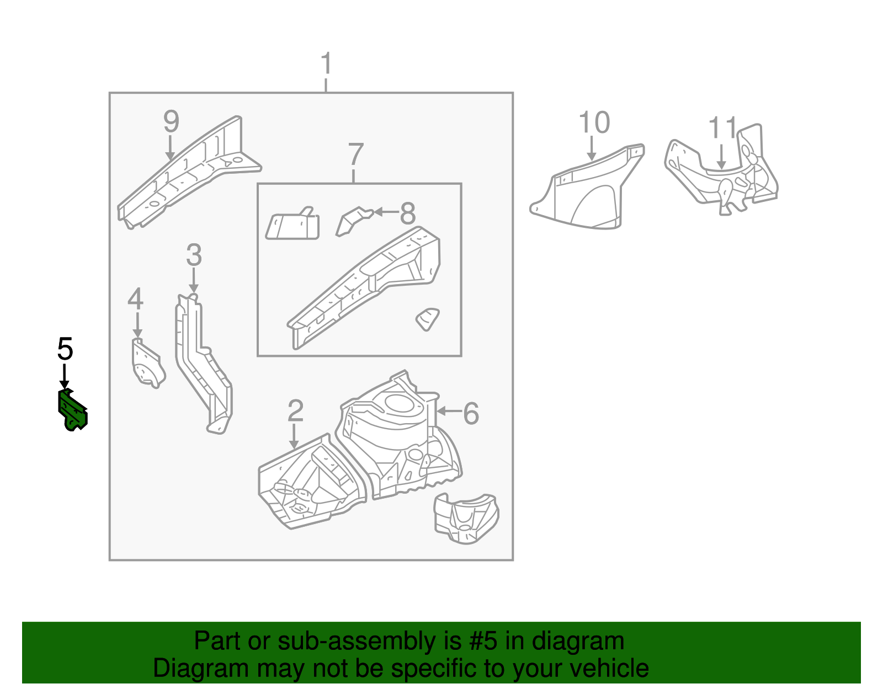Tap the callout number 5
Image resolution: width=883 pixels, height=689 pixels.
[65, 349]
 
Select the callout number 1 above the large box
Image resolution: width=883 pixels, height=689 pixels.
[326, 64]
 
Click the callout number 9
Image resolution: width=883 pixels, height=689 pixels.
[171, 121]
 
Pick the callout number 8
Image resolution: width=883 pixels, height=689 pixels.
[407, 213]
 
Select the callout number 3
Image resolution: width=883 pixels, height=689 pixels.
[194, 255]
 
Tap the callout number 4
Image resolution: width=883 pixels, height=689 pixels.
[135, 300]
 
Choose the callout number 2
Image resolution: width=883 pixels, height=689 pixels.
[295, 411]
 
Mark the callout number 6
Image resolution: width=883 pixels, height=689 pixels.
[471, 413]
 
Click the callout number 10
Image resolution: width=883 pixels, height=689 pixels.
[594, 122]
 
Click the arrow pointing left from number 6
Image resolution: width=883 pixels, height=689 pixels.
[448, 412]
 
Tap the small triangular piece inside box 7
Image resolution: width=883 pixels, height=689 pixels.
[428, 319]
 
